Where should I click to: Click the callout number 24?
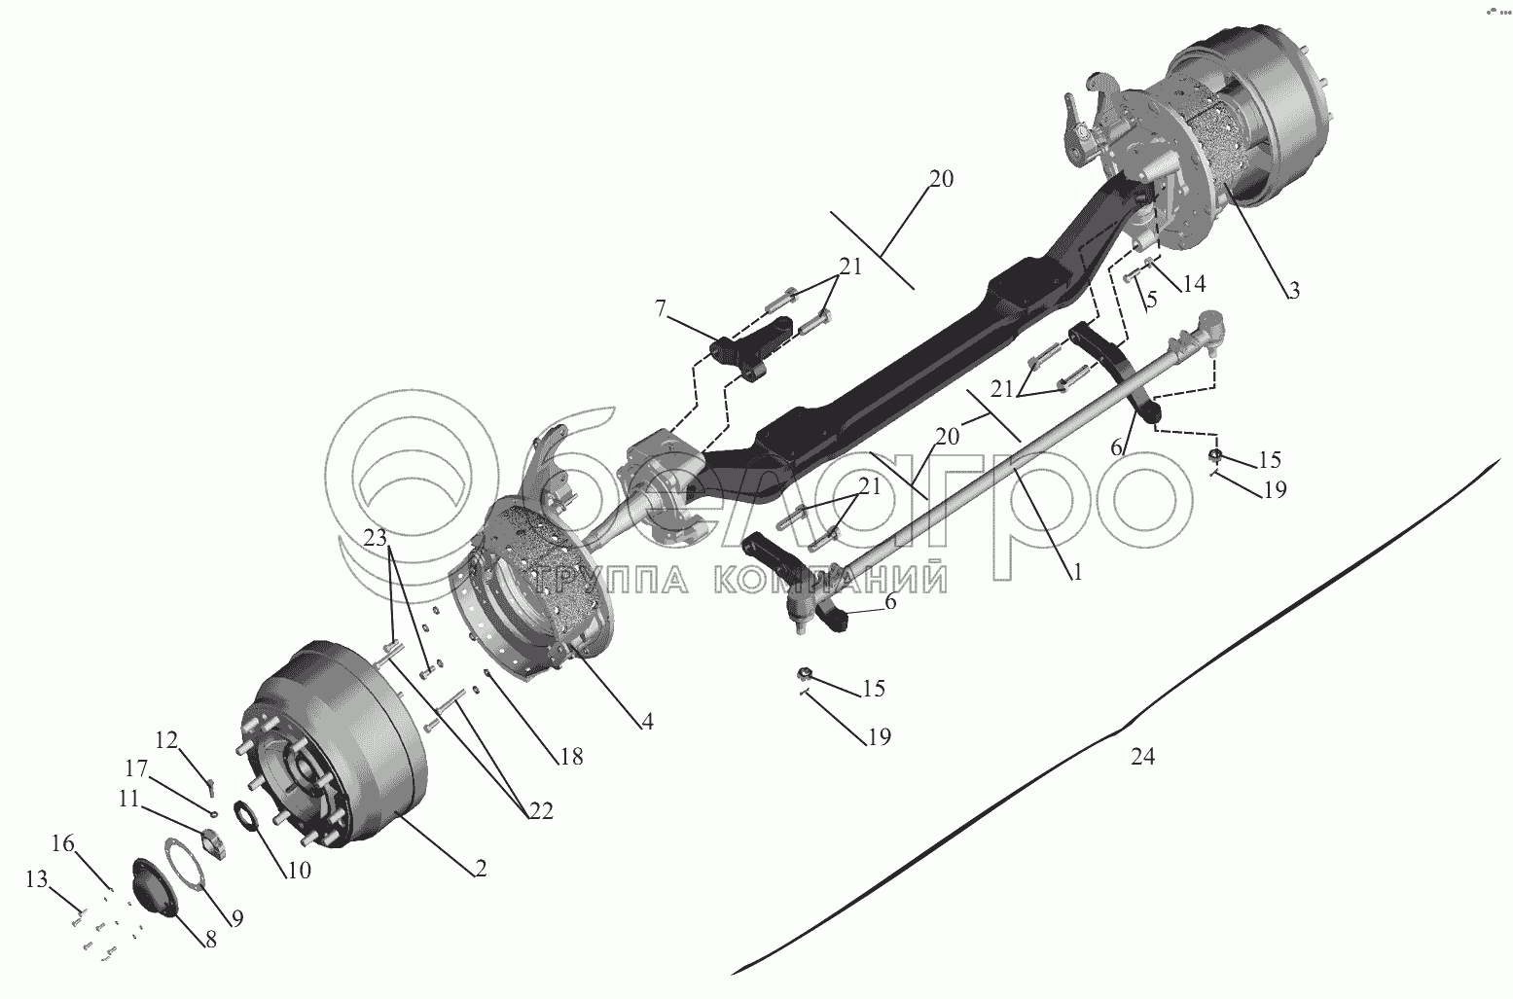[1142, 757]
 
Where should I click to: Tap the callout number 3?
[1292, 290]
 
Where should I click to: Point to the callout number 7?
[661, 309]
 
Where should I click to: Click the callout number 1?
[1077, 573]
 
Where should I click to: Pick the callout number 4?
[647, 722]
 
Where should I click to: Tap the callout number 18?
[571, 756]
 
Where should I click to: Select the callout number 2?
[481, 870]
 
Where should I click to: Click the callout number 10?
[298, 871]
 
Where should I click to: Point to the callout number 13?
[36, 880]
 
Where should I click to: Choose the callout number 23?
[377, 537]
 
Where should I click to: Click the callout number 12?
[167, 741]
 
